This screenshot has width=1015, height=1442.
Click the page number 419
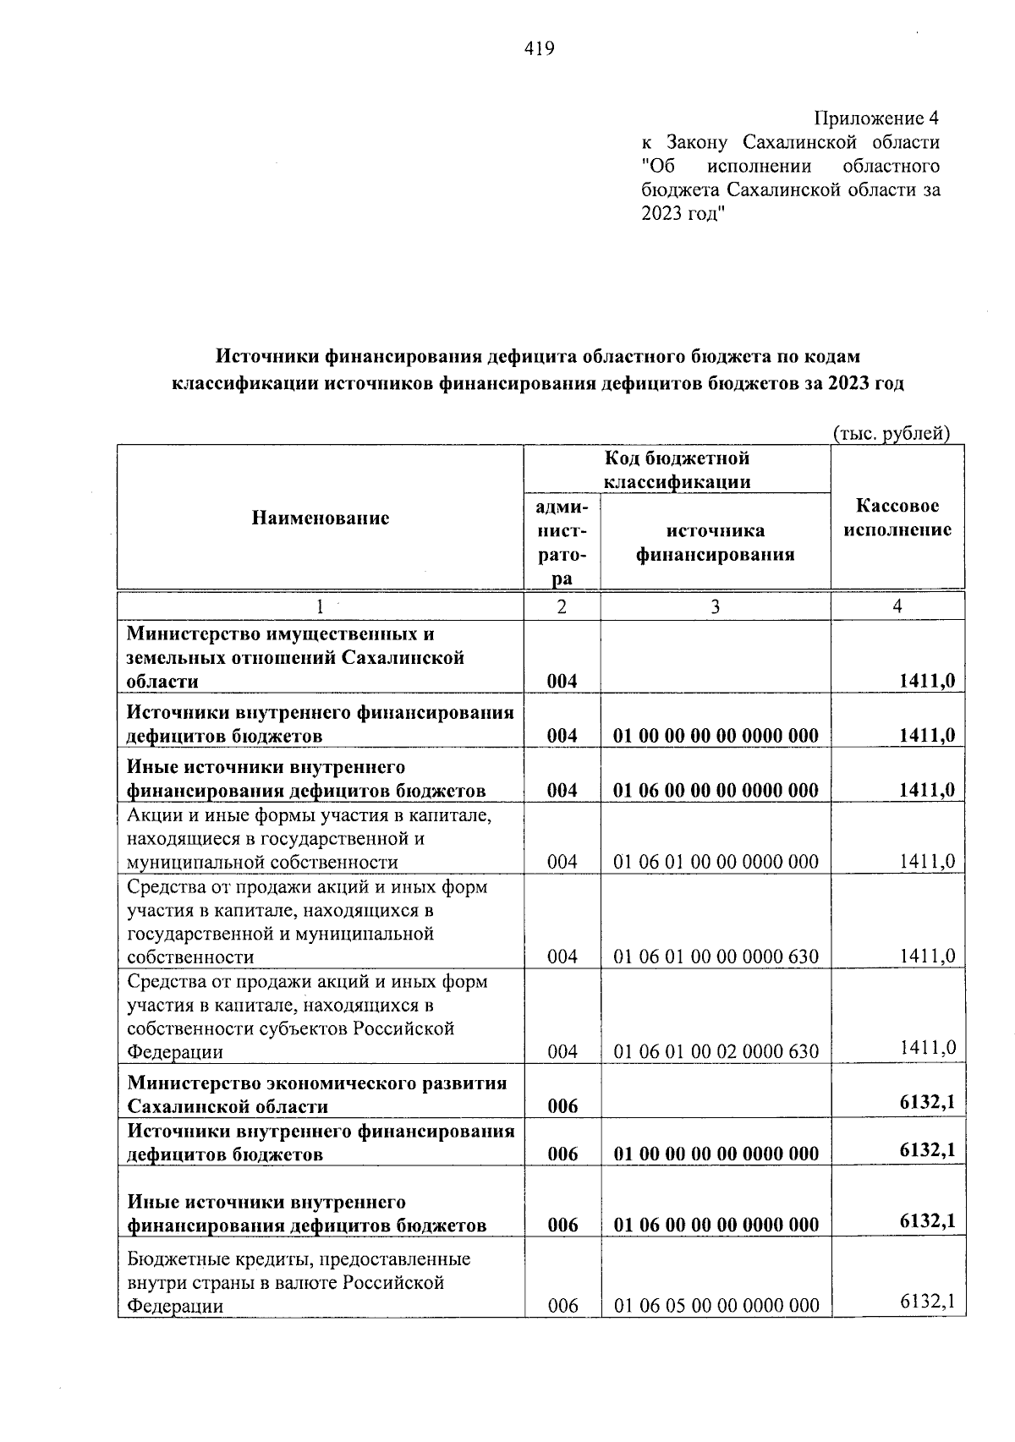(x=539, y=49)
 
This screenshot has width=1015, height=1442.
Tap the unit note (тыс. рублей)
(x=892, y=434)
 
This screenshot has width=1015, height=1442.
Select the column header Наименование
(x=320, y=518)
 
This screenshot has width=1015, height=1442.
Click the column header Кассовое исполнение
(x=897, y=518)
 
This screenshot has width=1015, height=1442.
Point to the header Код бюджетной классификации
(x=677, y=470)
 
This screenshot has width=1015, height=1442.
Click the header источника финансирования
(x=715, y=542)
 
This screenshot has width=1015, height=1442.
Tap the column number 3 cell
(x=715, y=606)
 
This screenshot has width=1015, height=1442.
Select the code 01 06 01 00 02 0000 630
(x=716, y=1051)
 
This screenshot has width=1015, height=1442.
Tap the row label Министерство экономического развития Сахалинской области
(x=317, y=1094)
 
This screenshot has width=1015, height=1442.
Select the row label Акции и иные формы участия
(x=309, y=838)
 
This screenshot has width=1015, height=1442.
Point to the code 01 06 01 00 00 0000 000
(x=716, y=862)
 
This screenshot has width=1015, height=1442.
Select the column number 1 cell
(x=320, y=606)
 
